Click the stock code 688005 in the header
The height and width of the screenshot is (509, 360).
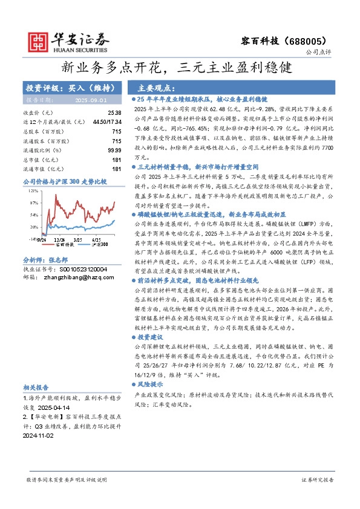(x=313, y=37)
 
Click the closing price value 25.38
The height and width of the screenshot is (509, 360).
(x=114, y=112)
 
